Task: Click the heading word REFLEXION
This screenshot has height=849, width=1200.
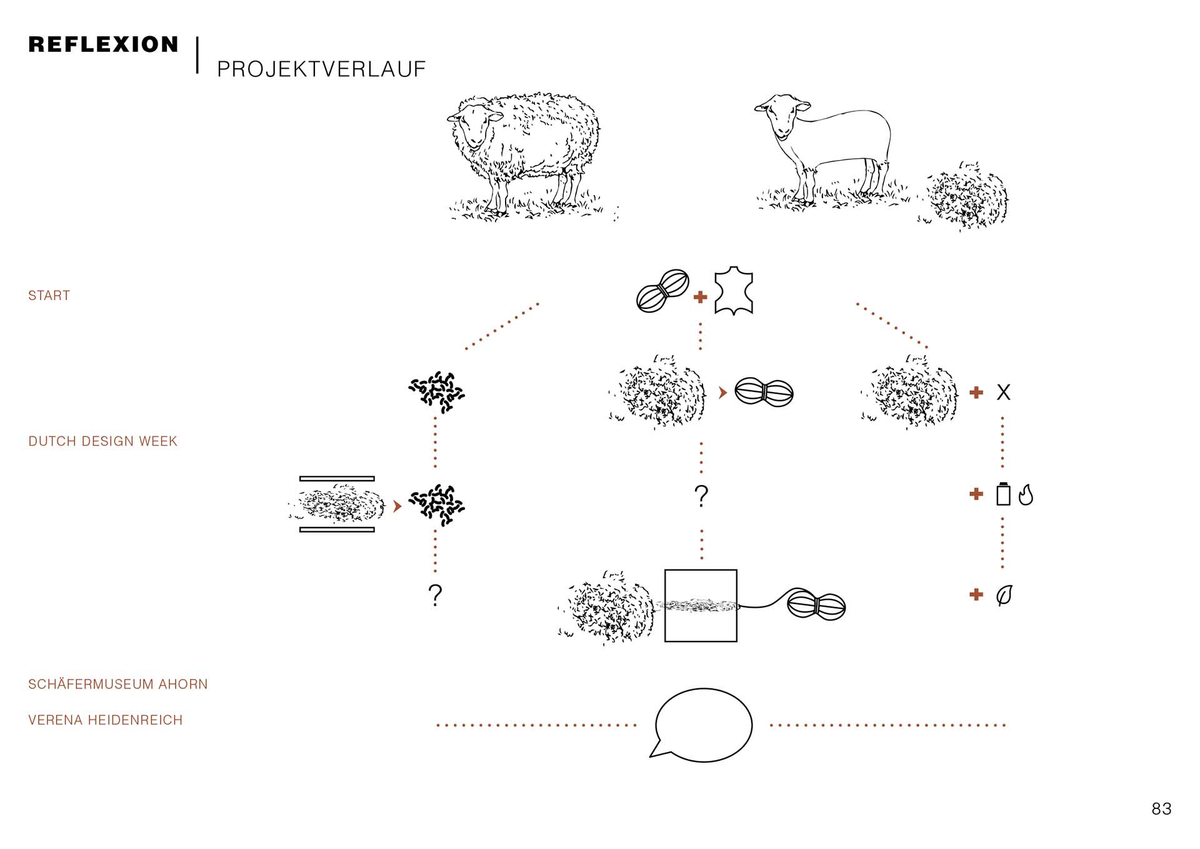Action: (x=103, y=44)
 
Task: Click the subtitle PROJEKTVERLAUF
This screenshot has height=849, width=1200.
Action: (x=321, y=69)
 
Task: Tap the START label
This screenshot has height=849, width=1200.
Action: (x=49, y=296)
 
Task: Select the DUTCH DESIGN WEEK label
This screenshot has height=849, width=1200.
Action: (x=103, y=441)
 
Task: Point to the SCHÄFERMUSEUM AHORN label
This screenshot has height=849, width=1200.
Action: (x=117, y=684)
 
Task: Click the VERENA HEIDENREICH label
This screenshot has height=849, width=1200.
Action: (x=105, y=720)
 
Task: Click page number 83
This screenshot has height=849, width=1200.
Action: (x=1161, y=809)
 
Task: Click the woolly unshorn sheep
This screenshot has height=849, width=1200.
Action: (x=524, y=156)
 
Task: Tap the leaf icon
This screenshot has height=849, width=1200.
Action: (x=1004, y=595)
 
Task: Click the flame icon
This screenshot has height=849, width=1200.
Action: (x=1026, y=495)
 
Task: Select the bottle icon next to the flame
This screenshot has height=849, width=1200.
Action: (x=1003, y=494)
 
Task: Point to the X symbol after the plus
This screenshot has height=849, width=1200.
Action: (x=1003, y=392)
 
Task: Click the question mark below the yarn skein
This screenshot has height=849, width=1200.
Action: (x=701, y=496)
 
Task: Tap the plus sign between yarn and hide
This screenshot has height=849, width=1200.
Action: (x=700, y=297)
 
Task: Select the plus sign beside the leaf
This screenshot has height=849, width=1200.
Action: (x=976, y=595)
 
